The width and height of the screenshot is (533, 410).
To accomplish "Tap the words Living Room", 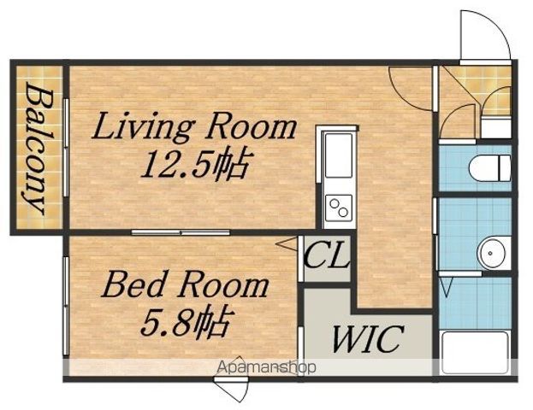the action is click(x=194, y=127).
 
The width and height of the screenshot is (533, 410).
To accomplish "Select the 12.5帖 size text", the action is click(x=197, y=165).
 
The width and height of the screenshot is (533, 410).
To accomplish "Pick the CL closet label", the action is click(x=326, y=257).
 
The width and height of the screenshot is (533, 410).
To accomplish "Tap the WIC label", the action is click(x=368, y=339).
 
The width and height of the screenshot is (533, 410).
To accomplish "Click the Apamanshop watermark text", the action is click(x=267, y=367).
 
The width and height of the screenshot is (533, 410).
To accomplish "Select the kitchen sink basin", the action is click(x=339, y=155).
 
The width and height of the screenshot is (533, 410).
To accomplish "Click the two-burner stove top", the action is click(x=339, y=208).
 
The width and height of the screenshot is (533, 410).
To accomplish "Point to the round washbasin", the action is click(x=491, y=253).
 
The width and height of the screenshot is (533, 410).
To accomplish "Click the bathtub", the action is click(x=476, y=353).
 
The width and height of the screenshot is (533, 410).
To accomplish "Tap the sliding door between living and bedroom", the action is click(x=181, y=232).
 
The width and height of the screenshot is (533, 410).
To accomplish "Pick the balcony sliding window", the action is click(x=66, y=147).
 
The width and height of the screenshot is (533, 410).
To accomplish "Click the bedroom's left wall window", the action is click(x=66, y=306).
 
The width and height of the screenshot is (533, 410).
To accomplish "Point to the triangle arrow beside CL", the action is click(x=287, y=243).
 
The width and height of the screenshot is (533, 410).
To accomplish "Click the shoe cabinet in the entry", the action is click(x=496, y=127).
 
